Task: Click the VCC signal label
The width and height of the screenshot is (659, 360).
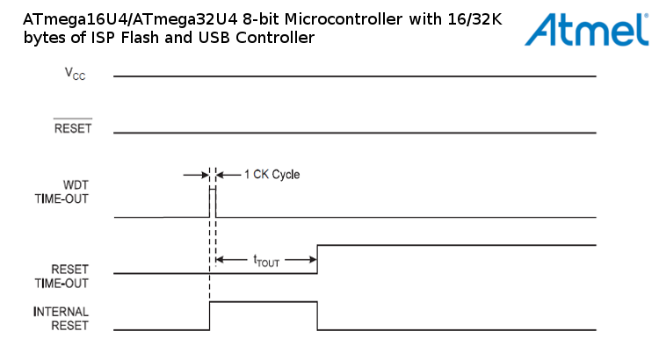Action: (x=76, y=76)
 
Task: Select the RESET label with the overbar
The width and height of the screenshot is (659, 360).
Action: (x=73, y=129)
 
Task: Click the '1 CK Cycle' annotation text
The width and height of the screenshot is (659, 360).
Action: (x=272, y=175)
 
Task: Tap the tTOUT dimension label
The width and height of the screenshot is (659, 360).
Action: (x=265, y=260)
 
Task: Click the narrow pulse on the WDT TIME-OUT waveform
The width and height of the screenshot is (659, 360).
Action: (x=212, y=202)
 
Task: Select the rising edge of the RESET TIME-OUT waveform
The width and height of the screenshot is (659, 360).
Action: (x=317, y=259)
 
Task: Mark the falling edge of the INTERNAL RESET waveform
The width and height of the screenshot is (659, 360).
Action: (x=317, y=316)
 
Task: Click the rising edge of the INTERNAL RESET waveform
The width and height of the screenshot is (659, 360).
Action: (x=210, y=316)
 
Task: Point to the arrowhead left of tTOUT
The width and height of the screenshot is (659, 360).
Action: (x=221, y=260)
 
